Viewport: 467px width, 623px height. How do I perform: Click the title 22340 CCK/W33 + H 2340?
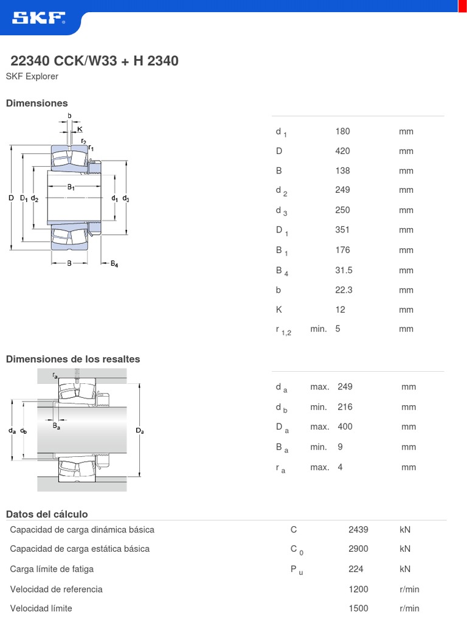pos(95,61)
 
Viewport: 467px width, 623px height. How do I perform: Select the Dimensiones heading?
pos(37,103)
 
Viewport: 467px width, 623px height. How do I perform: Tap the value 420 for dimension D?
pos(342,151)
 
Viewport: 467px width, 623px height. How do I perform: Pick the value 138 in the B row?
pos(342,171)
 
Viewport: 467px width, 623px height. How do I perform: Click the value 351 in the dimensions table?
pos(342,230)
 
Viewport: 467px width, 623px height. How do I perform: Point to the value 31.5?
pos(344,270)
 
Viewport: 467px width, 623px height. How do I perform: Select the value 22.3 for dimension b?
pos(344,290)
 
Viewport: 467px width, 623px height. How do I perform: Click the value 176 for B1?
pos(342,250)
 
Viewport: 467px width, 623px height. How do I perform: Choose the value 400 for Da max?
pos(345,426)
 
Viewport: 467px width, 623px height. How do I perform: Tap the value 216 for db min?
pos(345,407)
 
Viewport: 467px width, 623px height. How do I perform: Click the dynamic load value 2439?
pos(358,530)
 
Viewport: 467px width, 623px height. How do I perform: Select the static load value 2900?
pos(358,549)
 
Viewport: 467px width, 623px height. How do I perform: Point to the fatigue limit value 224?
pos(356,569)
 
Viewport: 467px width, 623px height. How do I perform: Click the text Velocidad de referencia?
pos(57,589)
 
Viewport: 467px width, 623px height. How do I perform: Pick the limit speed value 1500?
pos(358,608)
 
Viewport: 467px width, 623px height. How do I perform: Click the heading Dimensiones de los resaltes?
pos(73,359)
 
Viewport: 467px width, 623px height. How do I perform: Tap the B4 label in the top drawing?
pos(114,263)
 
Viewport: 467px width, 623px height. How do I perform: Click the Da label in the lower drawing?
pos(140,431)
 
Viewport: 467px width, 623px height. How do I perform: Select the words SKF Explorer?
pos(32,77)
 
